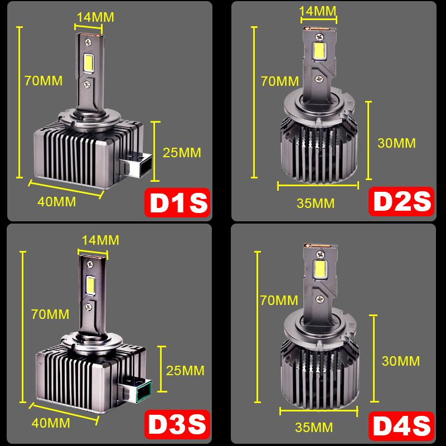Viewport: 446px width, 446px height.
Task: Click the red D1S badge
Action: click(177, 203)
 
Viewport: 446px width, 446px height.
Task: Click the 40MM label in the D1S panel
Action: click(57, 201)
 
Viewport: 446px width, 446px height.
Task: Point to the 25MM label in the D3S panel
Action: click(186, 370)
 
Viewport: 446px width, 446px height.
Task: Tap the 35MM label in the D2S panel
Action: click(316, 203)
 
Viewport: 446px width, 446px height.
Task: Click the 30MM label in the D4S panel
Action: click(400, 361)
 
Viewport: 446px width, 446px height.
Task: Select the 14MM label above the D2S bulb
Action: click(317, 11)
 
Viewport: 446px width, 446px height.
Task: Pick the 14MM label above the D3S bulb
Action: click(100, 240)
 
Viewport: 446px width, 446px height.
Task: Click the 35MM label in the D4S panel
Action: click(314, 428)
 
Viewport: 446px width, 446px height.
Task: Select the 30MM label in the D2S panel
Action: click(396, 143)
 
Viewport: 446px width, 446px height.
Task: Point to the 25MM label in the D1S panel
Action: click(182, 152)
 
